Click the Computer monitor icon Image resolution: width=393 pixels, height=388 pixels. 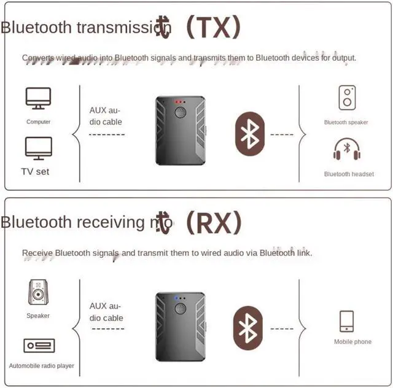point(38,99)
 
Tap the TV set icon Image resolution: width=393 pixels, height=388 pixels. point(38,149)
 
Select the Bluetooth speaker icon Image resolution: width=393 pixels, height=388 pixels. point(347,98)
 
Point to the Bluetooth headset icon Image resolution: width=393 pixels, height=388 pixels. point(346,150)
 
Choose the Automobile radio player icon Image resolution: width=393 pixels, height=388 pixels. point(39,346)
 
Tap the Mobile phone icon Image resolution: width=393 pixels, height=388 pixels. point(346,321)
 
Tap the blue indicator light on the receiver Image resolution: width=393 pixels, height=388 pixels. point(176,298)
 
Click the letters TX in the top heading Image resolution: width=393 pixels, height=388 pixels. point(214,26)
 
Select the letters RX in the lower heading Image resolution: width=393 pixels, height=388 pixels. point(214,222)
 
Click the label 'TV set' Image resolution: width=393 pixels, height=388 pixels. point(35,172)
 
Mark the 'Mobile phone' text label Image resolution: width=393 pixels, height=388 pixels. point(352,342)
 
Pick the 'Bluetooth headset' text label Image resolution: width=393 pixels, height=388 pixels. point(349,174)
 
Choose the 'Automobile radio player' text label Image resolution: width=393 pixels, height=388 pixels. point(41,366)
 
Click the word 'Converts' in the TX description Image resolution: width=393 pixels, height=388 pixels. point(37,58)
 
